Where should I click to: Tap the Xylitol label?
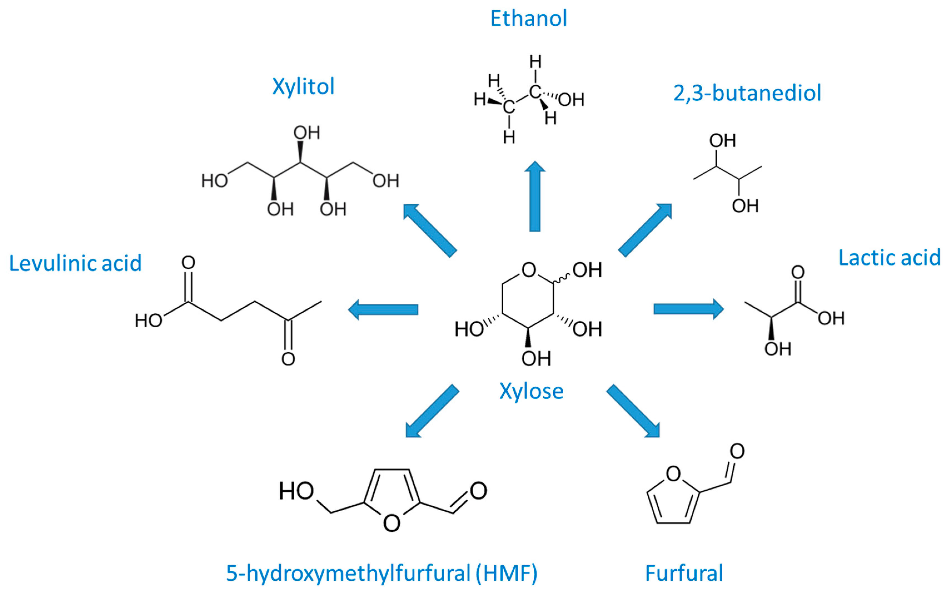click(x=303, y=86)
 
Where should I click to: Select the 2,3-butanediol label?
click(x=747, y=93)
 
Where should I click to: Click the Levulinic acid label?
click(x=75, y=263)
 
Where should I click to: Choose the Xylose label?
click(x=531, y=391)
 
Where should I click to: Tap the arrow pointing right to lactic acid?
click(x=688, y=309)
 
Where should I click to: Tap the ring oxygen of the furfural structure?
click(x=673, y=474)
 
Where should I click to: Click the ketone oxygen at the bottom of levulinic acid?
click(x=288, y=359)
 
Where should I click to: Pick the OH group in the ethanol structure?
click(x=571, y=100)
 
